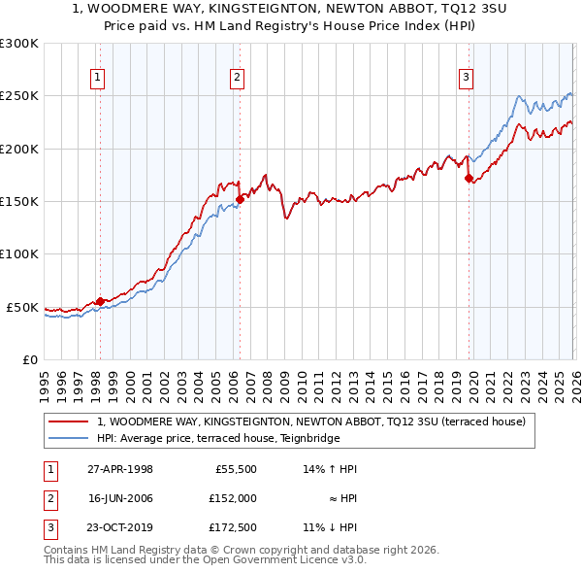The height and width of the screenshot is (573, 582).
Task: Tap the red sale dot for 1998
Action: click(100, 301)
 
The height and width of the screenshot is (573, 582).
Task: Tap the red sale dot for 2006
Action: click(240, 199)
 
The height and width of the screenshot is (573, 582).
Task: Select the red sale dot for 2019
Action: click(469, 178)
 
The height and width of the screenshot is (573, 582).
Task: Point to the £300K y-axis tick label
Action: click(19, 44)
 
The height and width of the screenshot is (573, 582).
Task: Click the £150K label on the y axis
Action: click(19, 202)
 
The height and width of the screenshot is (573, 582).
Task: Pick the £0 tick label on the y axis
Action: click(29, 359)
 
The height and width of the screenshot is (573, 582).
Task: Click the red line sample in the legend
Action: click(68, 422)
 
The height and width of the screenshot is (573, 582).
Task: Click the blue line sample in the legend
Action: click(68, 438)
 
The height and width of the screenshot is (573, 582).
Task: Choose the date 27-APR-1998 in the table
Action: click(119, 469)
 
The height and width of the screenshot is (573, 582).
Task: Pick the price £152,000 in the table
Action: click(234, 498)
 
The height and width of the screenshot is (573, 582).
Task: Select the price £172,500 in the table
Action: click(234, 527)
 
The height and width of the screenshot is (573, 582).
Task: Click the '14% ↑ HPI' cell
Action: click(330, 469)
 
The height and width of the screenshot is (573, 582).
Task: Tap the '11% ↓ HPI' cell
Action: click(330, 527)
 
